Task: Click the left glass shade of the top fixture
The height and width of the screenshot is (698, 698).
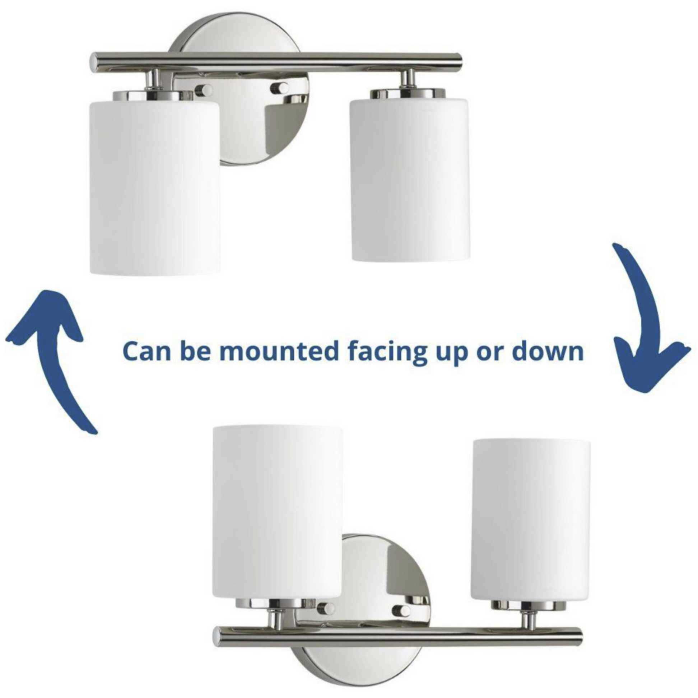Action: click(x=154, y=188)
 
